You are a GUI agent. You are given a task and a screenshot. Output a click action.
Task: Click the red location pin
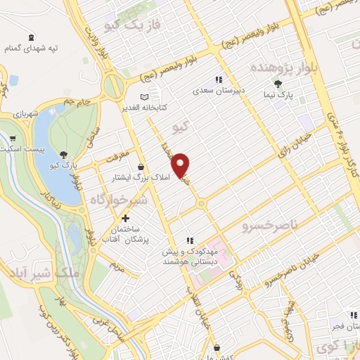pyautogui.click(x=181, y=165)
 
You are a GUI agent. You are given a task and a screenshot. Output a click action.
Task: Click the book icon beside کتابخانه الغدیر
pyautogui.click(x=144, y=96)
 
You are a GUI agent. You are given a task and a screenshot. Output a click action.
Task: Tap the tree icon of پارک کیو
pyautogui.click(x=64, y=155)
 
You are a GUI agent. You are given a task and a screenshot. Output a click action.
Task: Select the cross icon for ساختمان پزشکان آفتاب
pyautogui.click(x=126, y=219)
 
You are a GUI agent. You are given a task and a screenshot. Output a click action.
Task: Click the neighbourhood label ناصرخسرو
pyautogui.click(x=271, y=226)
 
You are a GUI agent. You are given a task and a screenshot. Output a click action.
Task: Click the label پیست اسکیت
pyautogui.click(x=22, y=150)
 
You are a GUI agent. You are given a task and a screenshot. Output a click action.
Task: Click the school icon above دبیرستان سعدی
pyautogui.click(x=218, y=79)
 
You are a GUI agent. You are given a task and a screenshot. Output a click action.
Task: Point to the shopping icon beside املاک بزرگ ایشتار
pyautogui.click(x=141, y=167)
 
